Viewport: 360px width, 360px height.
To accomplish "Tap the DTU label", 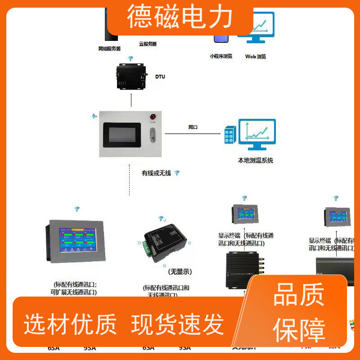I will click(x=160, y=76).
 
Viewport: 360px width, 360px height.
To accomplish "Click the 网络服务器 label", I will click(x=109, y=48).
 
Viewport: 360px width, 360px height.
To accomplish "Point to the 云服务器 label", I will click(x=148, y=44).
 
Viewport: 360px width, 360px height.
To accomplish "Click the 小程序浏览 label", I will click(x=221, y=56).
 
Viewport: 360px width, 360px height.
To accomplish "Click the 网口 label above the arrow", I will click(x=193, y=127).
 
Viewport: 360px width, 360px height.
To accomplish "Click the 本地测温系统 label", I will click(x=255, y=160).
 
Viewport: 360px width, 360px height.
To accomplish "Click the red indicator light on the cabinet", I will click(x=153, y=116).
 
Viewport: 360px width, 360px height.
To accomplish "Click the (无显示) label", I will click(x=180, y=272).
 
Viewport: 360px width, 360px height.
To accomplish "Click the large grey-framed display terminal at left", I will click(x=76, y=241).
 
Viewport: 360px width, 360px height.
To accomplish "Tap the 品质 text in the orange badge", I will click(x=299, y=296).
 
